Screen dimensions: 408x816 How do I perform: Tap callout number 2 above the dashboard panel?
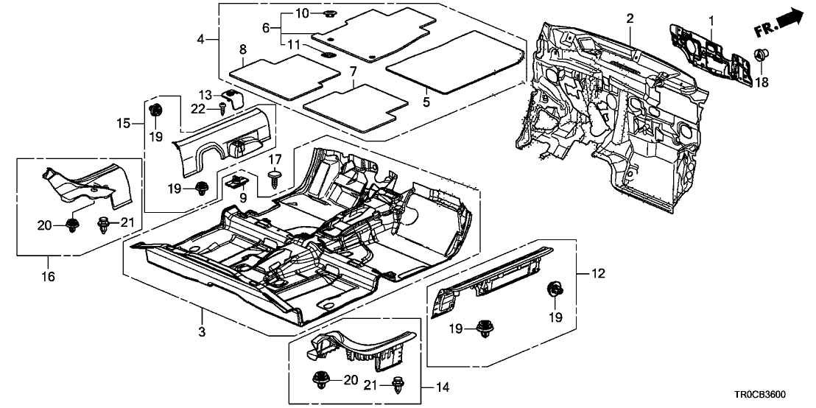pos(630,18)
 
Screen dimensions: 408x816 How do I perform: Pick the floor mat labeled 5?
pos(453,63)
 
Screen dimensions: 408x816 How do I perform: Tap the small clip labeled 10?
pos(328,14)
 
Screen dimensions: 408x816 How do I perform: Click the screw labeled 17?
pos(275,178)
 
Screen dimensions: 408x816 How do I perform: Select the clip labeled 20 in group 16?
pos(73,224)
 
